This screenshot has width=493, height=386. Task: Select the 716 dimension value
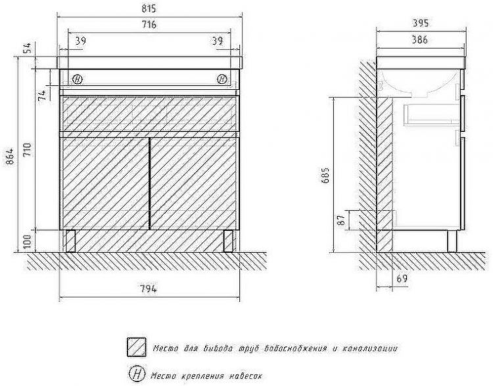[149, 25]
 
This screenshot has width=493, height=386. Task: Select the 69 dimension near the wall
[402, 279]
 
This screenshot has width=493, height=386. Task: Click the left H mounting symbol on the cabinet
[78, 79]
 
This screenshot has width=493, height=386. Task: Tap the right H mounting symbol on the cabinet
[222, 79]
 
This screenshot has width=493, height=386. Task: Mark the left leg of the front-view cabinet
[70, 241]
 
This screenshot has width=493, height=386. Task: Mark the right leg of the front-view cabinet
[228, 241]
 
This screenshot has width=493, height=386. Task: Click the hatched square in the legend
[137, 347]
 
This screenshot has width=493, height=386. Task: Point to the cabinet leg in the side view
[452, 241]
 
